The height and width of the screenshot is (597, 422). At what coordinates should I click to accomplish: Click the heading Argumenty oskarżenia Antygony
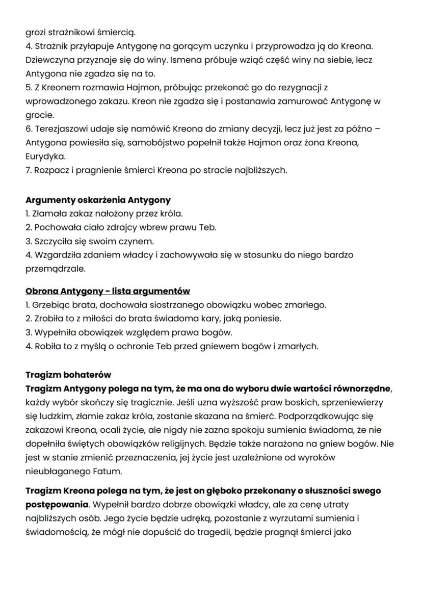pos(98,200)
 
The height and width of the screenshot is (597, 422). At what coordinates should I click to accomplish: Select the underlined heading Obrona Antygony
pos(108,291)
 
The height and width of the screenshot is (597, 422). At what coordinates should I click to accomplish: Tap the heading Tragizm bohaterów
pos(68,375)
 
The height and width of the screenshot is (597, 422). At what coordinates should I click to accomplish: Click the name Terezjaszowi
pos(60,129)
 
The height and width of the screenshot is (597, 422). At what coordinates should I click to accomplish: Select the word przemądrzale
pos(56,268)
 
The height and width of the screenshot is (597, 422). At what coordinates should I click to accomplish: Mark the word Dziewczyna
pos(49,60)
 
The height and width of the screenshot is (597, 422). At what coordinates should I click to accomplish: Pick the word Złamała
pos(49,214)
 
